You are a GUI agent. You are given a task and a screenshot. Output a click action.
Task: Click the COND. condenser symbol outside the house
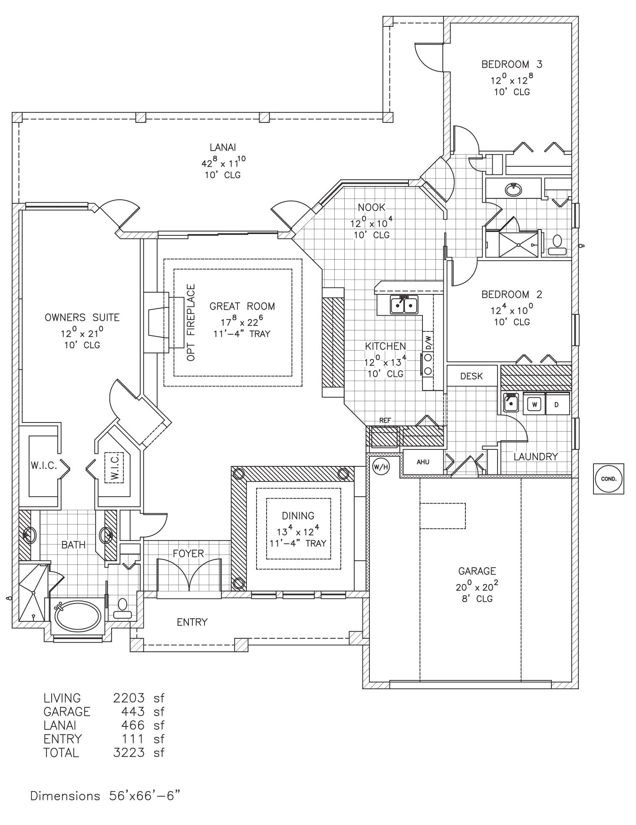(x=608, y=479)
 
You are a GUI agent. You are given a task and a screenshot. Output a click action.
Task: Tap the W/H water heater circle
(x=380, y=467)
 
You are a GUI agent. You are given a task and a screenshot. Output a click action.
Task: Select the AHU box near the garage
(x=423, y=462)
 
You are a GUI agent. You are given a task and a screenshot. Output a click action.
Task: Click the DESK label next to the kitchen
(x=471, y=376)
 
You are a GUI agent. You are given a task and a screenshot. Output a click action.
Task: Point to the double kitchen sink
(x=404, y=305)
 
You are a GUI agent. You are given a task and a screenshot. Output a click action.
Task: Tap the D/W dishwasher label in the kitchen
(x=428, y=342)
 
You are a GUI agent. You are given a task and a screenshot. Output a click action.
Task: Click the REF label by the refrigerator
(x=385, y=420)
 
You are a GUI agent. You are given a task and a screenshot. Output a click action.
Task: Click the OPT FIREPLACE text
(x=191, y=322)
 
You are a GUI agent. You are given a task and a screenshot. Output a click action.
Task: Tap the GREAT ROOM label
(x=242, y=306)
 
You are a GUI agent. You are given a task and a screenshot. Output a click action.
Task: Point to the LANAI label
(x=223, y=148)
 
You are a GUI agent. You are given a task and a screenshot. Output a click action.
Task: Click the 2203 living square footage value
(x=129, y=698)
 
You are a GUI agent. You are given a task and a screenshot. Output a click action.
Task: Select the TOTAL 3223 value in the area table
(x=129, y=752)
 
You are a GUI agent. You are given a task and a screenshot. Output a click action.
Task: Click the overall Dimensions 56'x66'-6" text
(x=105, y=796)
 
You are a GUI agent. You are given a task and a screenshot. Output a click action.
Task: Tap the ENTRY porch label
(x=192, y=622)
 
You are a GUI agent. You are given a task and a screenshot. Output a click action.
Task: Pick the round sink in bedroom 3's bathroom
(x=514, y=189)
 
